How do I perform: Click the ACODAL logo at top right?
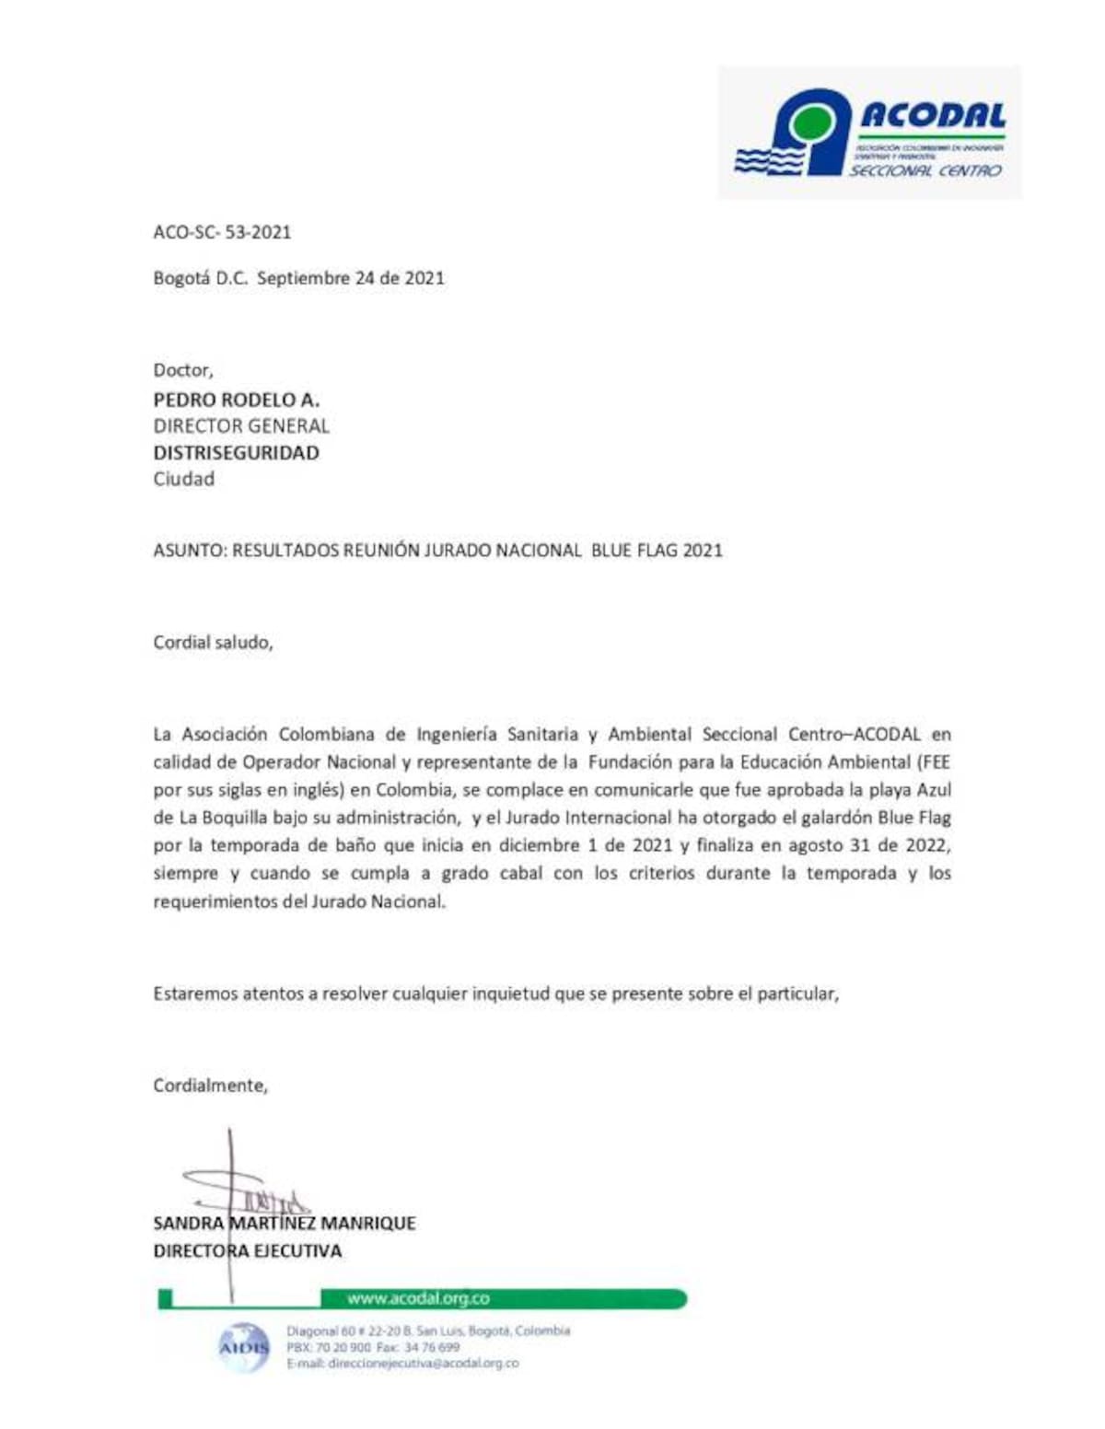pos(869,133)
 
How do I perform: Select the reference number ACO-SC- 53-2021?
pos(222,232)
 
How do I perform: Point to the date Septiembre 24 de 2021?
pos(350,278)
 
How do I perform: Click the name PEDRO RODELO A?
pos(236,400)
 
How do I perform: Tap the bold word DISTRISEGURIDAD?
pos(236,453)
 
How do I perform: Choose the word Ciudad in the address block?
pos(183,479)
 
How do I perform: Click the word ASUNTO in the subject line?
pos(188,551)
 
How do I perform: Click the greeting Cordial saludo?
pos(213,642)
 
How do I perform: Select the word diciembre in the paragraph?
pos(535,845)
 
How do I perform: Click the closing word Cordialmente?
pos(210,1086)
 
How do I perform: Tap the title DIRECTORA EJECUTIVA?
pos(247,1251)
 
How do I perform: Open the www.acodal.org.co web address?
pos(418,1299)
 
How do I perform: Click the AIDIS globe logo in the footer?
pos(244,1348)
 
